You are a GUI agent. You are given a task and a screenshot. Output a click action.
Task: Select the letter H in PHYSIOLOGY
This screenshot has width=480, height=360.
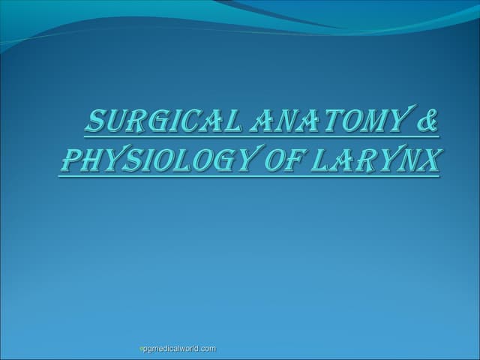click(88, 161)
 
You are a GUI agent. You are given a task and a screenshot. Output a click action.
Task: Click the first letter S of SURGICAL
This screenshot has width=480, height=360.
click(96, 122)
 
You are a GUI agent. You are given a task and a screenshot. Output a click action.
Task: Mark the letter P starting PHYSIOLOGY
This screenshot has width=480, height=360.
click(68, 161)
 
